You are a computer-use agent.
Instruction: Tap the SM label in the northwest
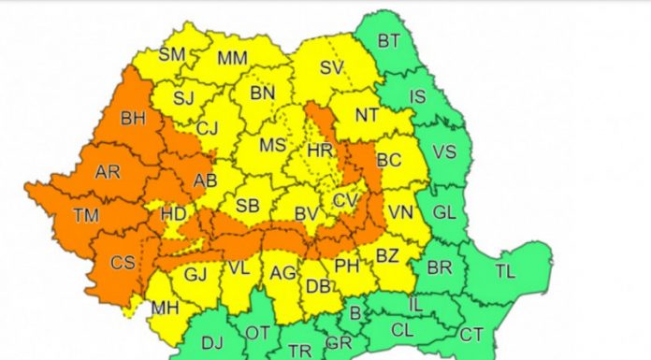point(171,54)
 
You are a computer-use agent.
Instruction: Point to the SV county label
point(331,67)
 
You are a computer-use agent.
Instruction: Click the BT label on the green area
point(389,40)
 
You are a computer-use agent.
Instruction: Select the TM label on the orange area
point(86,216)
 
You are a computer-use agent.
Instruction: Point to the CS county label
point(123,263)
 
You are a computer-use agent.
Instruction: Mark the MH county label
point(166,308)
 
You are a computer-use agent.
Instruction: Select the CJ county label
point(208,128)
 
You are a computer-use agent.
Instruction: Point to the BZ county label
point(386,254)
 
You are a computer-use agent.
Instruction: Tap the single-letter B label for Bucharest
point(354,313)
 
